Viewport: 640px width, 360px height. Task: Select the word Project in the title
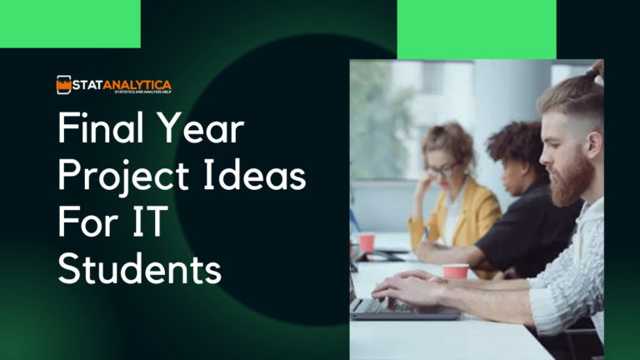tap(119, 178)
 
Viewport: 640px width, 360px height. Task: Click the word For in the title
tap(89, 223)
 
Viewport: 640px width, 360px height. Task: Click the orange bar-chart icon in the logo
tap(63, 84)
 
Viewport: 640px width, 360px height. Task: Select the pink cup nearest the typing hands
tap(456, 272)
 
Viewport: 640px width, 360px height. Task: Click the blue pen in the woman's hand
tap(427, 234)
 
